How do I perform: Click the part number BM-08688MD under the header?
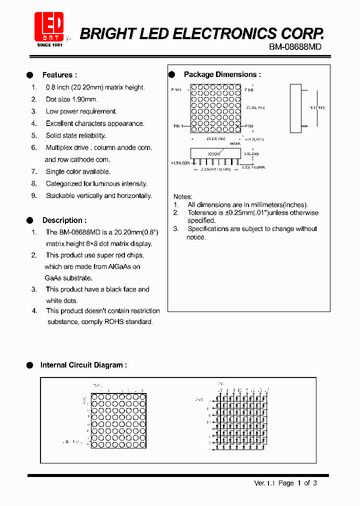click(295, 46)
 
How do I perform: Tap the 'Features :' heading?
click(59, 75)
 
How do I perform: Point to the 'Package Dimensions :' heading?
click(222, 74)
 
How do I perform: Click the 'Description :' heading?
click(64, 220)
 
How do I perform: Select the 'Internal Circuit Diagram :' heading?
click(83, 365)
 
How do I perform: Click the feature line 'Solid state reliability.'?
click(75, 135)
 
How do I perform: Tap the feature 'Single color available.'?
click(78, 171)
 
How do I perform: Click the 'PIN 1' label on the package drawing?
click(178, 126)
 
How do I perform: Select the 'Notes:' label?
click(182, 196)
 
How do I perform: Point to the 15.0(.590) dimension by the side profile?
click(316, 107)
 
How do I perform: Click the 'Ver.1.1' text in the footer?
click(265, 483)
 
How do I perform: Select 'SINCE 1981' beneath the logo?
click(50, 45)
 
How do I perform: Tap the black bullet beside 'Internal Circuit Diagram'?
click(29, 365)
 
